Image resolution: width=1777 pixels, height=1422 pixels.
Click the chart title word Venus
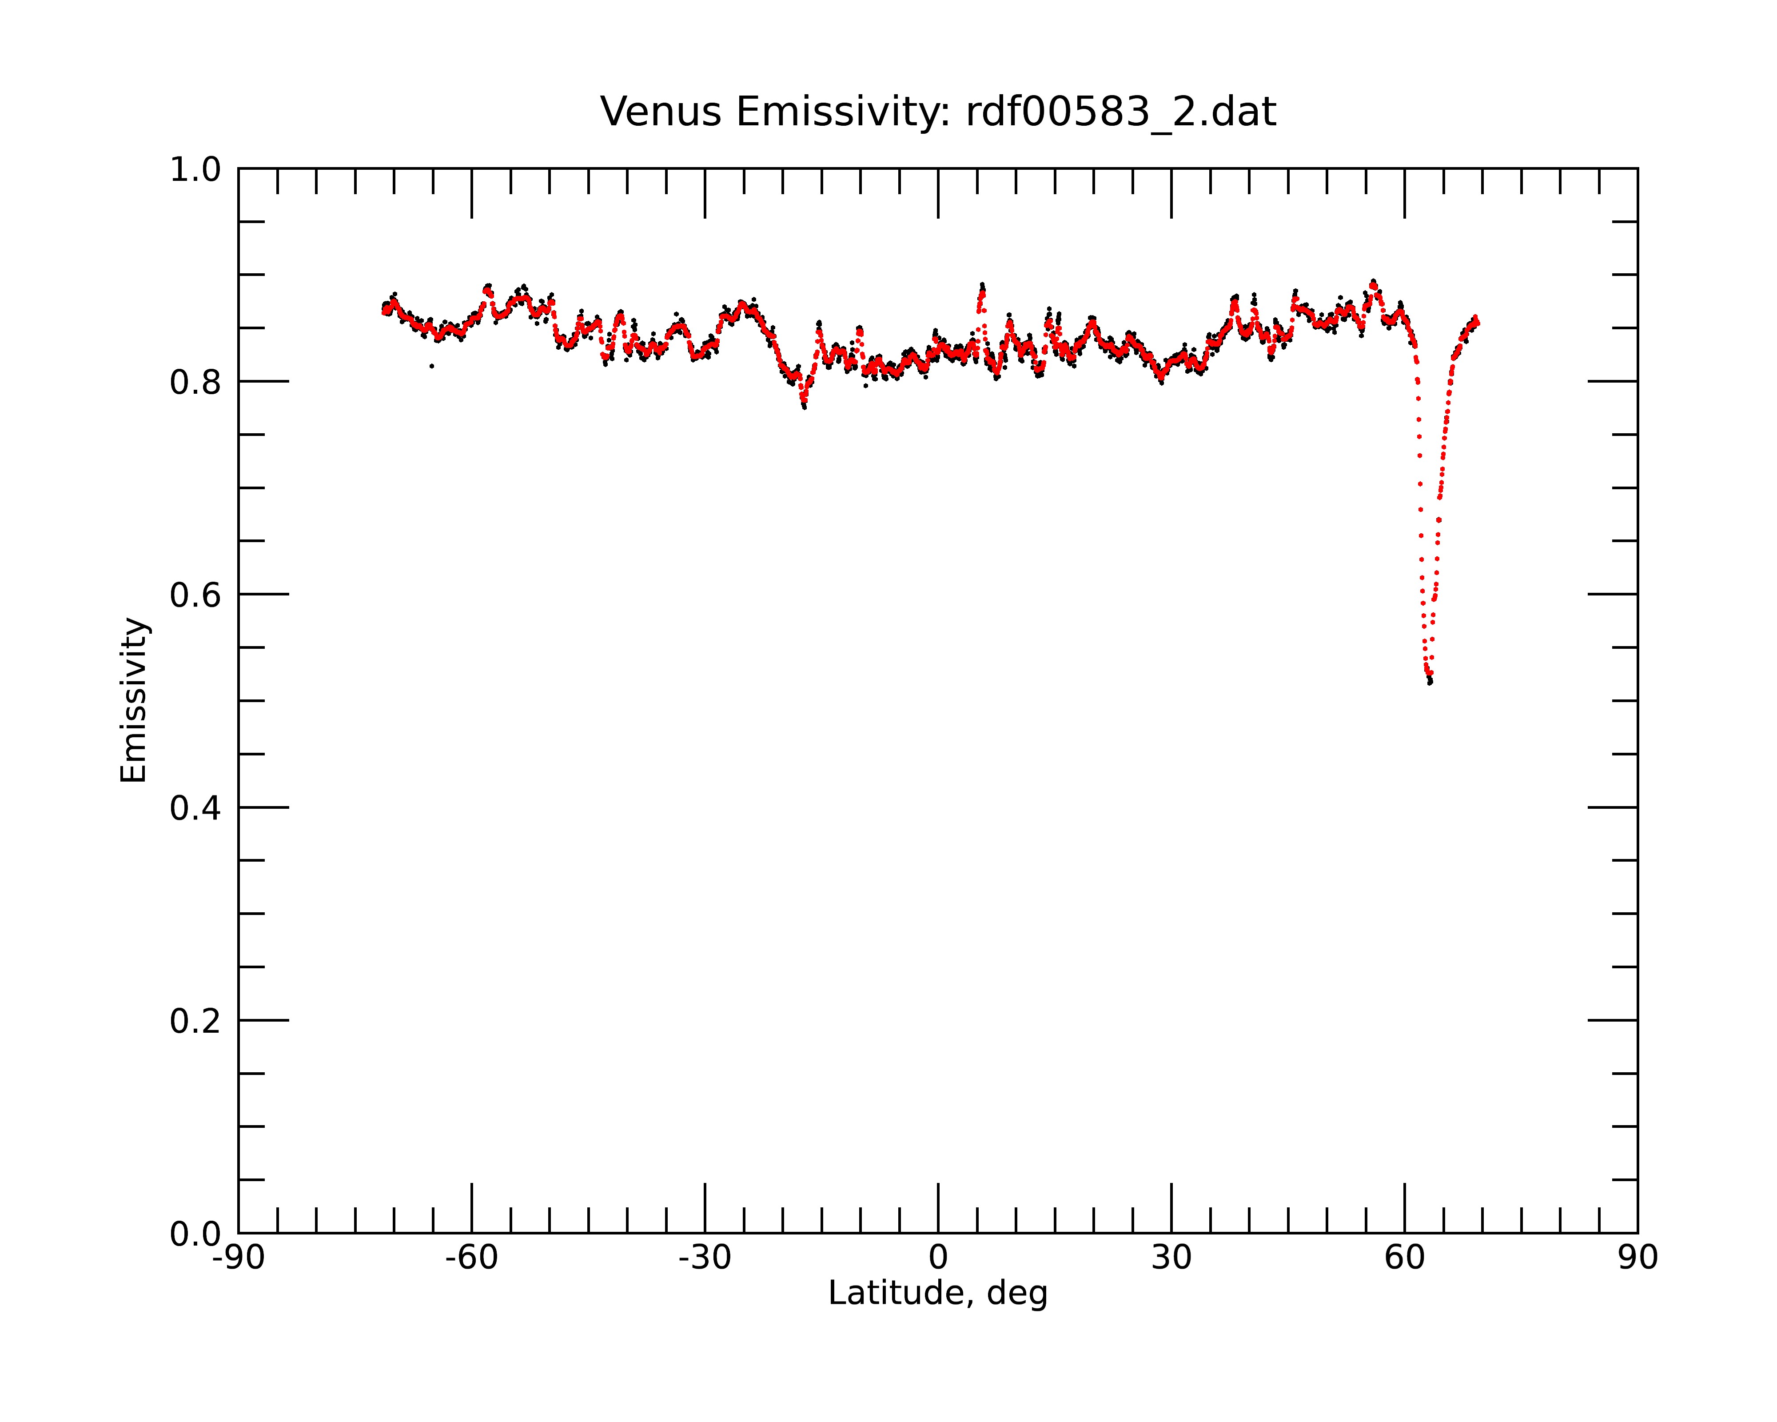[x=661, y=112]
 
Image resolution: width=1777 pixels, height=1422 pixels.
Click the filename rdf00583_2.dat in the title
[x=1121, y=112]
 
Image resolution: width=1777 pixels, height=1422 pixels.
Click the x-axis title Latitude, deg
[x=938, y=1294]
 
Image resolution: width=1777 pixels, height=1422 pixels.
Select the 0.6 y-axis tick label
[x=195, y=595]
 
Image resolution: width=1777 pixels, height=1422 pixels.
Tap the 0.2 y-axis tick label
[x=195, y=1021]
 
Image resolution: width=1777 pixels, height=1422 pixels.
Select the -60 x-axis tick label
[x=471, y=1259]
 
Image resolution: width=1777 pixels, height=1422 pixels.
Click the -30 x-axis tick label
[x=705, y=1259]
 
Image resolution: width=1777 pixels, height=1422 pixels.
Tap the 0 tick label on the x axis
[x=938, y=1259]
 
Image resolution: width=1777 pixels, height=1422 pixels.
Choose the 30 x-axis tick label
[x=1171, y=1259]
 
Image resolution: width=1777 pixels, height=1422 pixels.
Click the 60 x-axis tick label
[x=1404, y=1259]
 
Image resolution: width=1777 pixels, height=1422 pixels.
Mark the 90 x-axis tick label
[x=1638, y=1259]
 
